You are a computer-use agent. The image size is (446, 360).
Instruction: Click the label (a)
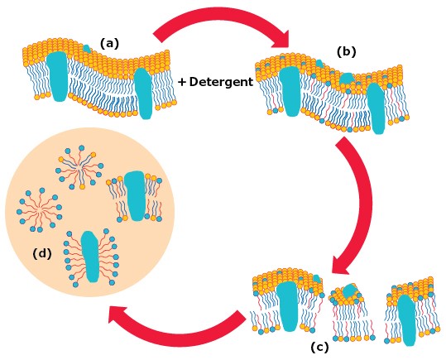click(110, 43)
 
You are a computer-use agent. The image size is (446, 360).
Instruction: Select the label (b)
click(346, 51)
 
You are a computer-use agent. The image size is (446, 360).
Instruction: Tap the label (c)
click(319, 347)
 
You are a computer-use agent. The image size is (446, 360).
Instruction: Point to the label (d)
click(42, 253)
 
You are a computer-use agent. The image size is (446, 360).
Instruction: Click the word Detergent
click(220, 82)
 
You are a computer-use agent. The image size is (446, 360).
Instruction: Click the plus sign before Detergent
click(181, 82)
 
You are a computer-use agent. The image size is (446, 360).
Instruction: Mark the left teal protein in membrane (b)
click(290, 91)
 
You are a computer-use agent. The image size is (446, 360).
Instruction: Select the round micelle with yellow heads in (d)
click(81, 168)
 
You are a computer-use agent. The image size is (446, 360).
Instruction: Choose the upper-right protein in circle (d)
click(135, 195)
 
